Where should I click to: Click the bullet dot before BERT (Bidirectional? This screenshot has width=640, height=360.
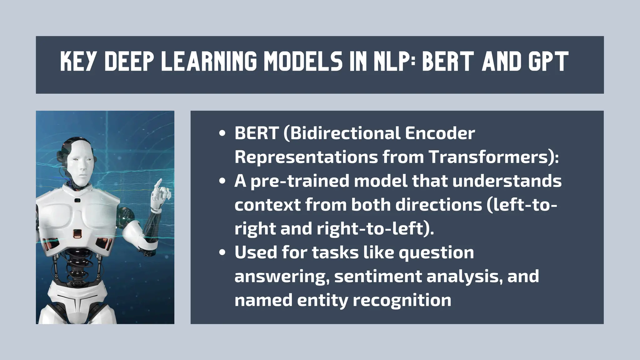[222, 133]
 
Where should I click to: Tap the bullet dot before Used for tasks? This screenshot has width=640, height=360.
[222, 252]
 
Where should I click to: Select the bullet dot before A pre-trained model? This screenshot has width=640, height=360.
[222, 181]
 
